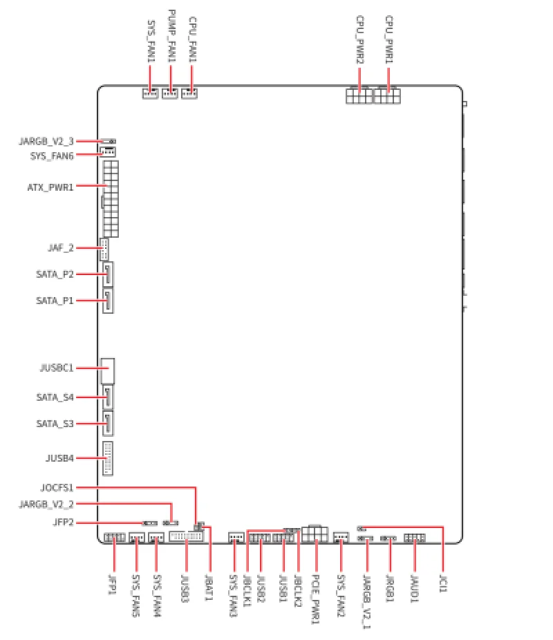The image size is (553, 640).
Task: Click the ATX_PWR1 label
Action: point(50,187)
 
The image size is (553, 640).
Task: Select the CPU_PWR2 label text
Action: point(359,40)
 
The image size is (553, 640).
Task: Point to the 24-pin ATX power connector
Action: point(111,199)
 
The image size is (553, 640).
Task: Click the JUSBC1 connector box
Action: point(107,371)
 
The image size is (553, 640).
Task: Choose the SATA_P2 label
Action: point(55,274)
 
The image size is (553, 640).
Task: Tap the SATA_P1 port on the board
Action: point(108,301)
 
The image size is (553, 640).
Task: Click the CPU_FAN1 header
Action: point(189,93)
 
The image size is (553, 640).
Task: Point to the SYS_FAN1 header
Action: point(150,93)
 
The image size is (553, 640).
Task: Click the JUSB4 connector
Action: point(108,458)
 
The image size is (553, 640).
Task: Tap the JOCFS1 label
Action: point(57,487)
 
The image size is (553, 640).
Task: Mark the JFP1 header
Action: point(115,538)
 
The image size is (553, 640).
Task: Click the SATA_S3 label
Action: point(55,423)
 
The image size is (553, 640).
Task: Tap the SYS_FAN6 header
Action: point(107,153)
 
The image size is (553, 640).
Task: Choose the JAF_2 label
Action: point(60,247)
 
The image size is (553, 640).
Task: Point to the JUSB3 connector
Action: point(186,538)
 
